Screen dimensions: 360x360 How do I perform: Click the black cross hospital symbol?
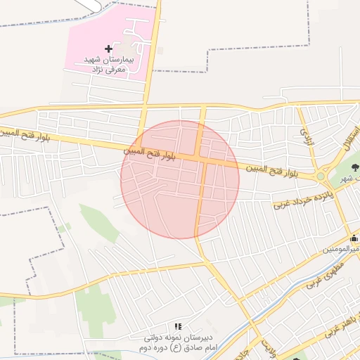click(108, 49)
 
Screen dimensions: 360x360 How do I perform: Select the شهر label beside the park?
click(347, 179)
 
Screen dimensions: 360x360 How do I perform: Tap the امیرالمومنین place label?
click(342, 249)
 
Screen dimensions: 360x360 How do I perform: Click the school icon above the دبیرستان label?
click(178, 327)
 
